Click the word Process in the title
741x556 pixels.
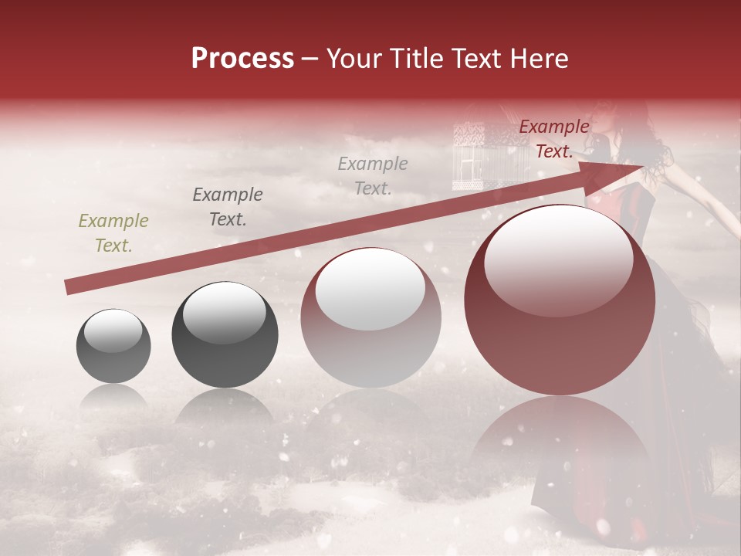(x=242, y=59)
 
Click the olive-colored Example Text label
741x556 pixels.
(x=113, y=233)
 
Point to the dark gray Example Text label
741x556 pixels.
(x=227, y=207)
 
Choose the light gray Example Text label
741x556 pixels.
(x=373, y=175)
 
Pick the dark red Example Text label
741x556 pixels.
(x=553, y=139)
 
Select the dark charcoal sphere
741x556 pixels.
(x=225, y=336)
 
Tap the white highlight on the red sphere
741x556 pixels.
(x=558, y=259)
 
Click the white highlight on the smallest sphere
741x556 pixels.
(x=113, y=331)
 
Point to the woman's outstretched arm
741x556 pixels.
(x=699, y=193)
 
